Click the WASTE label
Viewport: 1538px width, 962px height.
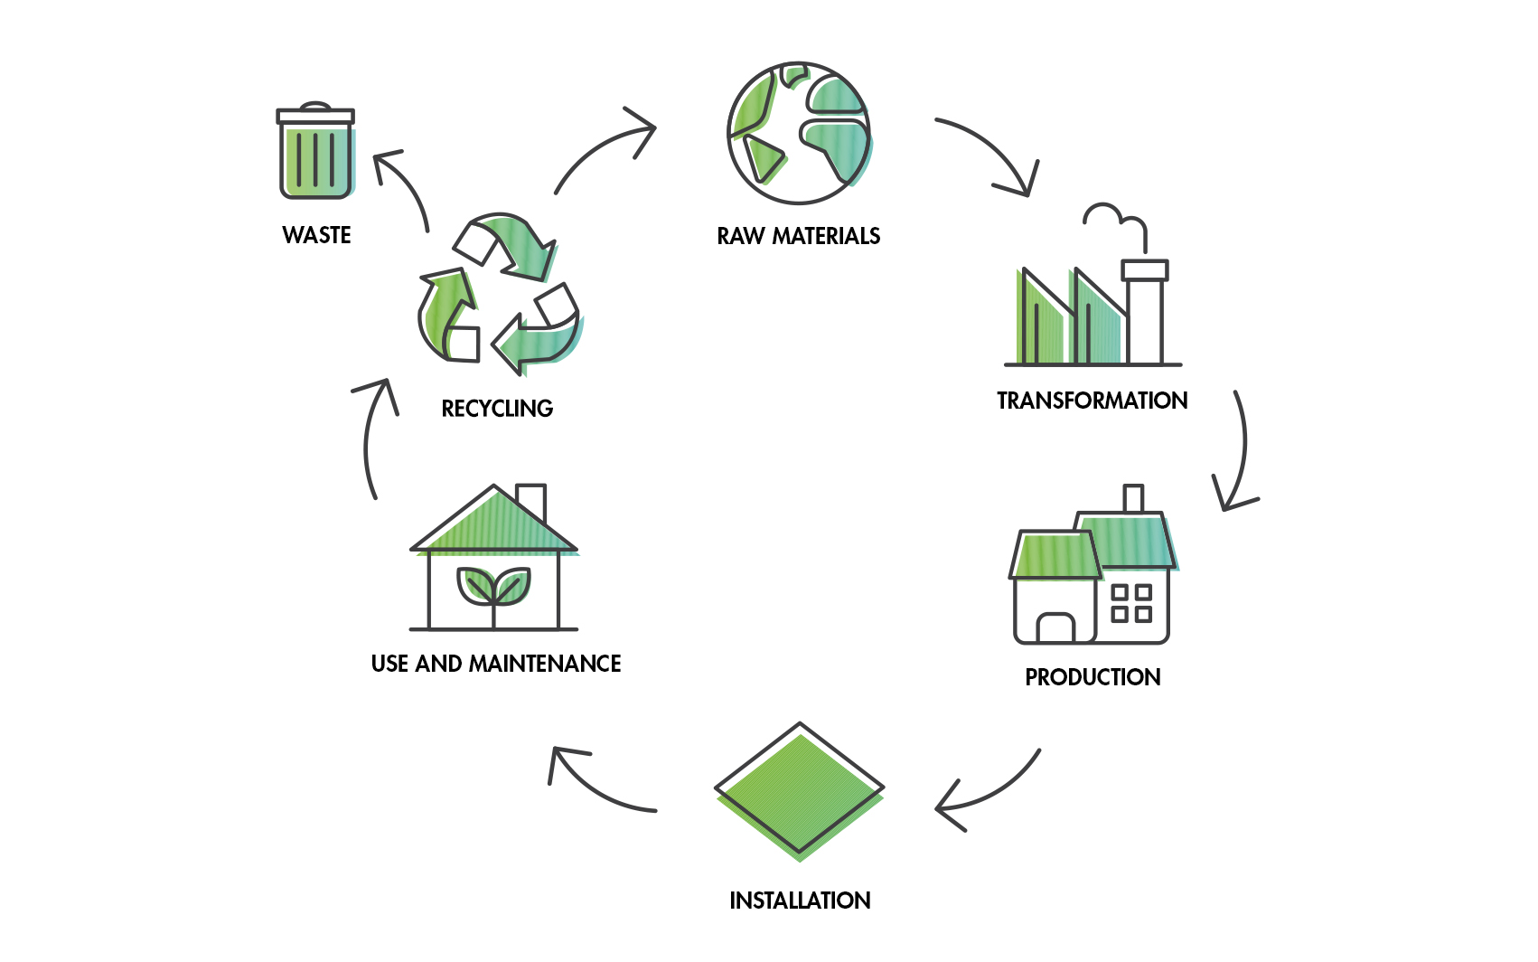316,235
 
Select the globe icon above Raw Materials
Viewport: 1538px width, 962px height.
799,133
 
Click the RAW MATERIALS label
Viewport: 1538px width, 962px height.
799,236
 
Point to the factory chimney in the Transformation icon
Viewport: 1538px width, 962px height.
1145,312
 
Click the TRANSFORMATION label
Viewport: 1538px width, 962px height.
1092,401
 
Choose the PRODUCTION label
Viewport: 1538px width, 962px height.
1093,677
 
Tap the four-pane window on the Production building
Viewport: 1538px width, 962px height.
1131,603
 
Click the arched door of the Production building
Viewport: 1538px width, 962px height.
1055,627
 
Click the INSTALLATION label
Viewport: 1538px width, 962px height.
800,901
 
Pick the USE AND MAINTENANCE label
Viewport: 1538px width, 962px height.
496,664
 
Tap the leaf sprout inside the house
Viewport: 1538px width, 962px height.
493,588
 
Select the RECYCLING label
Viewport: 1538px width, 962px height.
497,409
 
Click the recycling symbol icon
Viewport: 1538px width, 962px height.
498,294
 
